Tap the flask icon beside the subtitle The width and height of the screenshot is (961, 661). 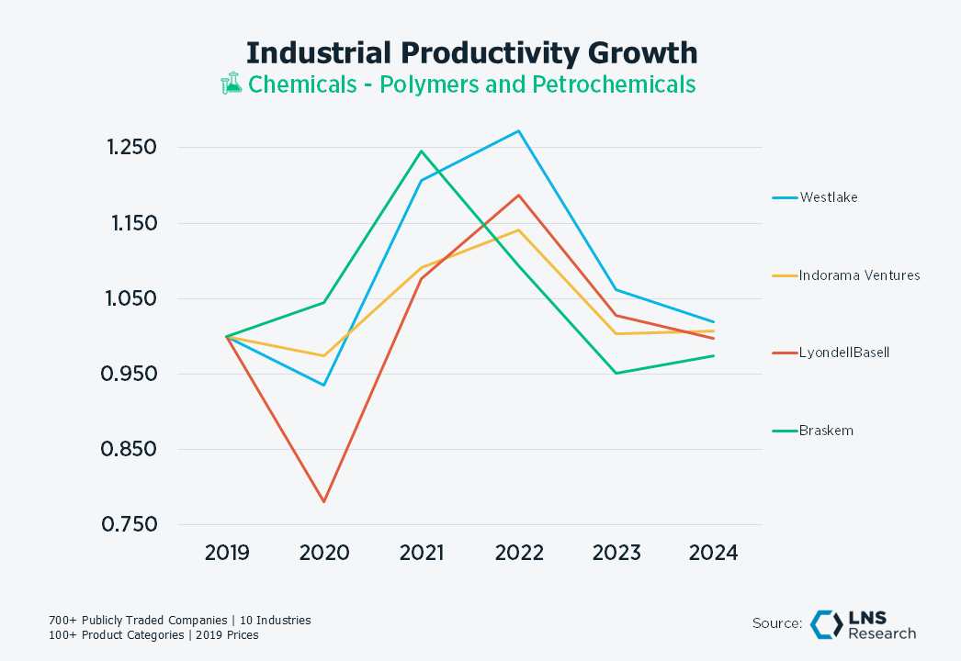tap(231, 84)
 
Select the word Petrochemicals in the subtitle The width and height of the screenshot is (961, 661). tap(614, 84)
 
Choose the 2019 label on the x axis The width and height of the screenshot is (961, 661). tap(227, 553)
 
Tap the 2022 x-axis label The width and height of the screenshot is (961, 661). tap(519, 553)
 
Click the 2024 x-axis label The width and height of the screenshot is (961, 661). tap(714, 553)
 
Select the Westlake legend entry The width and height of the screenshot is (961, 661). tap(828, 196)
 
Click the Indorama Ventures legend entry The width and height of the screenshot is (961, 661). tap(859, 274)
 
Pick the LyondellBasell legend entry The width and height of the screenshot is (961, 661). tap(843, 353)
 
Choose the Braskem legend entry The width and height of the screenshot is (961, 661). tap(826, 431)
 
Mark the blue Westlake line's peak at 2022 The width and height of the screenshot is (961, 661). tap(519, 131)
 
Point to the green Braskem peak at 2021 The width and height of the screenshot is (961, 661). tap(422, 151)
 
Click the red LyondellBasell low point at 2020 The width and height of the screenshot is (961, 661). tap(324, 502)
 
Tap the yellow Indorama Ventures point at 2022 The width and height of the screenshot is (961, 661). tap(519, 230)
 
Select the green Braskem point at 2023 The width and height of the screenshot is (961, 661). tap(616, 373)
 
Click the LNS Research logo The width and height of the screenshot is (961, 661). tap(863, 624)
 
